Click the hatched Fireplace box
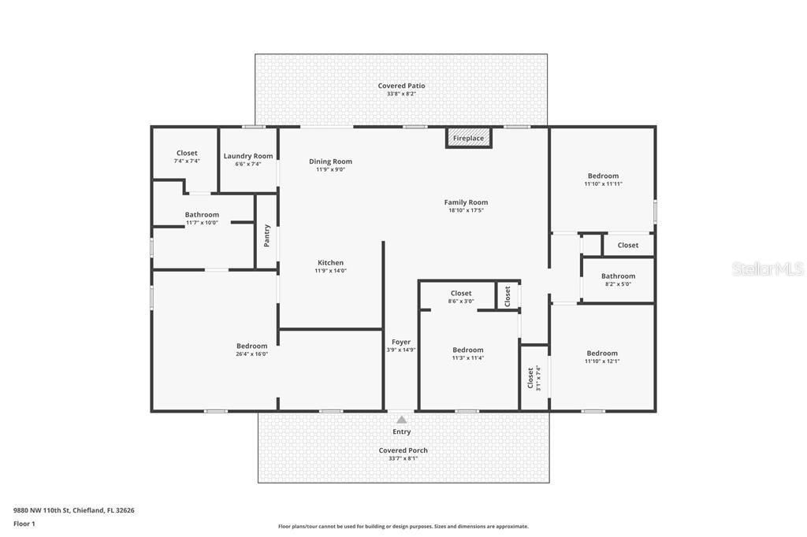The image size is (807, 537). pyautogui.click(x=468, y=138)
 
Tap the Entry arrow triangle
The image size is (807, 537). pyautogui.click(x=401, y=420)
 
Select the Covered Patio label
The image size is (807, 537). pyautogui.click(x=401, y=86)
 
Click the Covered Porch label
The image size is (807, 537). pyautogui.click(x=403, y=450)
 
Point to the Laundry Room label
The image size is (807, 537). pyautogui.click(x=248, y=156)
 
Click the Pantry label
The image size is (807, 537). pyautogui.click(x=267, y=235)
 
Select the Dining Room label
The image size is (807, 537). pyautogui.click(x=330, y=161)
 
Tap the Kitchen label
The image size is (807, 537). pyautogui.click(x=330, y=262)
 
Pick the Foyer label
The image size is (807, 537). pyautogui.click(x=401, y=342)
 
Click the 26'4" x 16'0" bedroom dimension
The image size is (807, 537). pyautogui.click(x=252, y=354)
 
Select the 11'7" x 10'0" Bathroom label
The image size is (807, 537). pyautogui.click(x=202, y=214)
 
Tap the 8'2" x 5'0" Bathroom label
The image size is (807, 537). pyautogui.click(x=618, y=276)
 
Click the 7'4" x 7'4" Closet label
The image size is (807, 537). pyautogui.click(x=187, y=154)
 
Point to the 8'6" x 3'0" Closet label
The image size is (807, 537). pyautogui.click(x=461, y=294)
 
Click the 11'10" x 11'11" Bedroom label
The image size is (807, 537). pyautogui.click(x=603, y=176)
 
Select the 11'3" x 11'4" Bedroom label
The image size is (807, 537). pyautogui.click(x=467, y=350)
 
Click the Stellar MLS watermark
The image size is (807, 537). pyautogui.click(x=768, y=269)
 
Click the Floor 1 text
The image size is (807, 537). pyautogui.click(x=24, y=524)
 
